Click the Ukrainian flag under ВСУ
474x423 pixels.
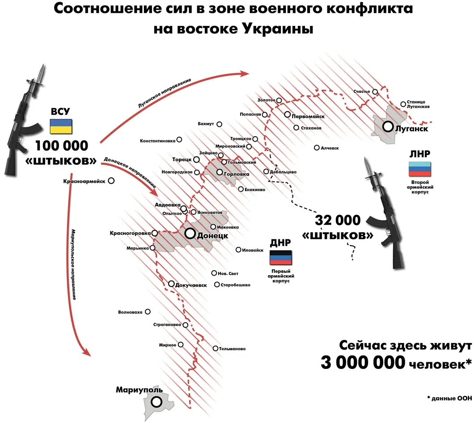coord(61,126)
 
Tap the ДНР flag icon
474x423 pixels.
coord(280,257)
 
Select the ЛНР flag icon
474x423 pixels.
coord(419,169)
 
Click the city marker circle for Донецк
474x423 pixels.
coord(190,233)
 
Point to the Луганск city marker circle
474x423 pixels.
coord(388,126)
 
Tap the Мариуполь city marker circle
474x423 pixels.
coord(157,402)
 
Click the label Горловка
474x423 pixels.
coord(237,174)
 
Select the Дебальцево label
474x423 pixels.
coord(283,172)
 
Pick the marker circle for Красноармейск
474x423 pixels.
coord(111,181)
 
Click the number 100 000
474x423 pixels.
coord(62,146)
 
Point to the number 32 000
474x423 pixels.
coord(338,220)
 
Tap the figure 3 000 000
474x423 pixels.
coord(363,362)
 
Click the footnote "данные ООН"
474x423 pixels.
coord(452,398)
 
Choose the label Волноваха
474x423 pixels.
coord(130,312)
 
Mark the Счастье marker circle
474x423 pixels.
coord(375,92)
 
